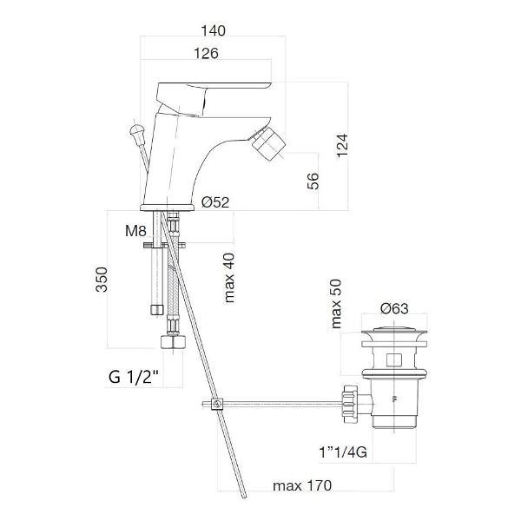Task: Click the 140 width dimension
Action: (x=214, y=30)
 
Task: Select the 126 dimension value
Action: (x=206, y=53)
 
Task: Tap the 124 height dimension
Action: (x=342, y=146)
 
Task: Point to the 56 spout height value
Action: (x=313, y=181)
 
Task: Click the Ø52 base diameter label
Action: (x=215, y=202)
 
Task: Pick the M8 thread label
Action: (x=135, y=231)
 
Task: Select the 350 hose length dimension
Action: (x=102, y=280)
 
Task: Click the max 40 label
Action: (x=229, y=278)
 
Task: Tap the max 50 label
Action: (x=336, y=304)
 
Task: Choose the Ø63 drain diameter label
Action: (x=394, y=308)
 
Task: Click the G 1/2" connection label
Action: (x=134, y=377)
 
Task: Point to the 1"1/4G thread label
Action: (x=343, y=452)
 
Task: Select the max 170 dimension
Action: (x=302, y=485)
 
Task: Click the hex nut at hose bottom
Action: (x=173, y=341)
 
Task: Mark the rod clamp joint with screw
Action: (x=217, y=404)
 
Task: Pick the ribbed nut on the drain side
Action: (x=350, y=404)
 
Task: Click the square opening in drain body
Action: (x=394, y=359)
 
